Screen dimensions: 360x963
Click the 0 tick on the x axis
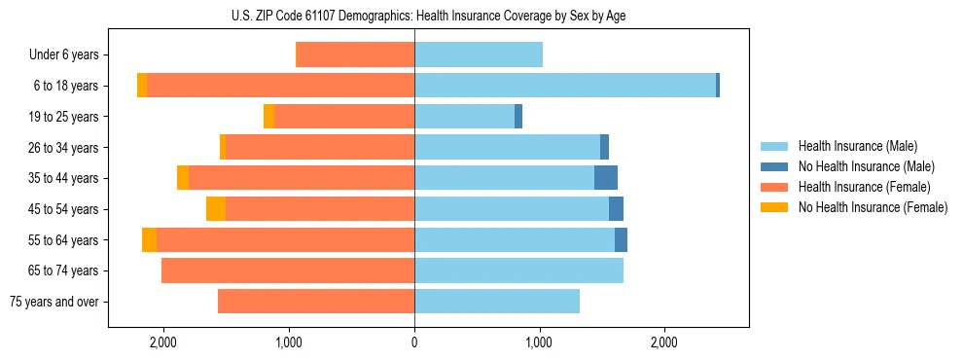pyautogui.click(x=414, y=342)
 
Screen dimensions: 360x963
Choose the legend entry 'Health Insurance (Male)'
pyautogui.click(x=857, y=146)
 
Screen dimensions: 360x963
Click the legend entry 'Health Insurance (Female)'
pyautogui.click(x=864, y=187)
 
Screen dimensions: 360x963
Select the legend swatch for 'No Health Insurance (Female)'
pyautogui.click(x=775, y=207)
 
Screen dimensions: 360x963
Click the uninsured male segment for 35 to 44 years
pyautogui.click(x=606, y=178)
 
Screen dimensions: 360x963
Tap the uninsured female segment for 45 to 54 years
pyautogui.click(x=216, y=209)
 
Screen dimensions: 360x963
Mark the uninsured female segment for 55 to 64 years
pyautogui.click(x=149, y=240)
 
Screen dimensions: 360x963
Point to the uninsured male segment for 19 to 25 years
pyautogui.click(x=518, y=117)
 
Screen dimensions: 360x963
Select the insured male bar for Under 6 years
pyautogui.click(x=479, y=55)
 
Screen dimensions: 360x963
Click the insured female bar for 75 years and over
pyautogui.click(x=316, y=302)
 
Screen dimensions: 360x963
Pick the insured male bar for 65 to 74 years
pyautogui.click(x=518, y=270)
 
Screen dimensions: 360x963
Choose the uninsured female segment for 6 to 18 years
pyautogui.click(x=142, y=86)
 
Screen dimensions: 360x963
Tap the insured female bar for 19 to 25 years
pyautogui.click(x=344, y=117)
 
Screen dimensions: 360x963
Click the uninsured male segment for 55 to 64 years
pyautogui.click(x=621, y=240)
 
